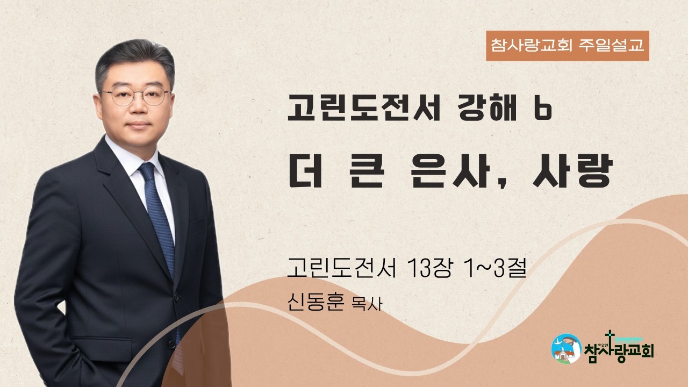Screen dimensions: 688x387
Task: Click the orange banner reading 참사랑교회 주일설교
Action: (567, 46)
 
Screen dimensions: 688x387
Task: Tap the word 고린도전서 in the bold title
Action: (364, 107)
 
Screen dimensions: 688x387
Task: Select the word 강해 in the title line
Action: (487, 107)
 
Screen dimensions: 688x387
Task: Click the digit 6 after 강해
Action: (543, 110)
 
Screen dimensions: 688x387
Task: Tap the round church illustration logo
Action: (567, 349)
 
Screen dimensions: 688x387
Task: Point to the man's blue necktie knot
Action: (147, 171)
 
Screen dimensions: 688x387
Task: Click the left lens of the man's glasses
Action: (123, 96)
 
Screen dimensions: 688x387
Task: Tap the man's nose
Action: (139, 106)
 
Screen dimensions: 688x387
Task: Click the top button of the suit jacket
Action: (176, 297)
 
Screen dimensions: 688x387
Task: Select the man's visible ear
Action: (98, 104)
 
